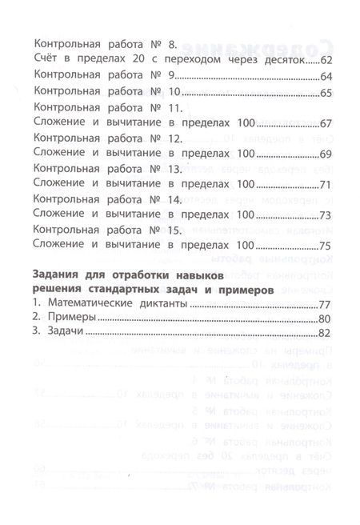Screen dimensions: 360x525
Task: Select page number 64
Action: [326, 78]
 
